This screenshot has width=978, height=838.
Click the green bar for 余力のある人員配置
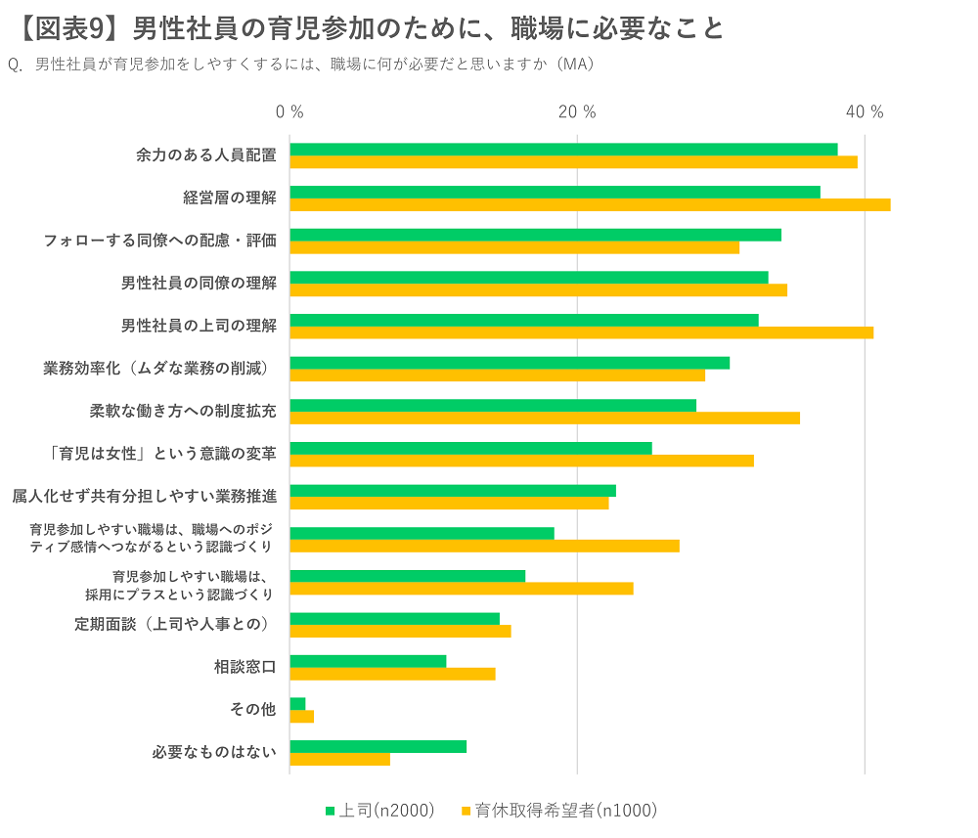(x=563, y=149)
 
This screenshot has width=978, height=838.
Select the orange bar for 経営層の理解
(x=590, y=204)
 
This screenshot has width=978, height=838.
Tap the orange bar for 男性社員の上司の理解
(x=581, y=332)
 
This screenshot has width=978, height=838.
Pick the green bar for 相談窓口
(x=368, y=661)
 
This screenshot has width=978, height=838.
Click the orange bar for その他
(x=302, y=717)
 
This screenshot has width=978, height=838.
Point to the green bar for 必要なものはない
(x=378, y=746)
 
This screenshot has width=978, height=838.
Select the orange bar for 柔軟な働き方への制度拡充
(x=545, y=418)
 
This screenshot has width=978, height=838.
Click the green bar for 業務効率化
(x=510, y=363)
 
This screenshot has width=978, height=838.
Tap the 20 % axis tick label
(x=577, y=112)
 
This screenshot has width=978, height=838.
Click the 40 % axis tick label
(x=865, y=112)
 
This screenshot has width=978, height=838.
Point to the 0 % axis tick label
(x=289, y=112)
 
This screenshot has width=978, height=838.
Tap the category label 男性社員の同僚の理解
(x=199, y=283)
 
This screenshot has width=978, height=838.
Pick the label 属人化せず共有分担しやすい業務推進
(x=144, y=496)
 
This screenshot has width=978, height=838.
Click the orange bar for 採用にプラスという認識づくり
(x=462, y=589)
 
